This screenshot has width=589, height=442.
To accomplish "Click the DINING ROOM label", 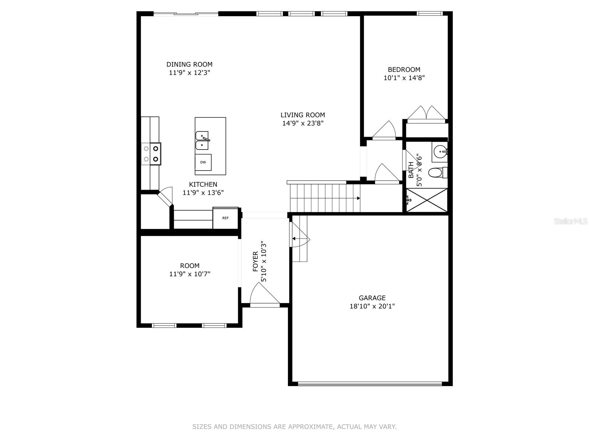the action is click(189, 64).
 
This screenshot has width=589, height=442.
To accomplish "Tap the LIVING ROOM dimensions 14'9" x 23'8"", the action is click(303, 123).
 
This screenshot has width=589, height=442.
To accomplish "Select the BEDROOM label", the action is click(404, 70).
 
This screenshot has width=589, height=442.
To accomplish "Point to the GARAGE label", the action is click(372, 298).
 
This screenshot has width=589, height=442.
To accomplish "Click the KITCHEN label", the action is click(203, 185).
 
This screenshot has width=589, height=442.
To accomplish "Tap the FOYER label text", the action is click(255, 261).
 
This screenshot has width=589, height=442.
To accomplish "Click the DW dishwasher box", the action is click(203, 162).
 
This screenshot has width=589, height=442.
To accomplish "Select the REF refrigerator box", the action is click(225, 218).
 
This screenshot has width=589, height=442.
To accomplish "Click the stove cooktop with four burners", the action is click(151, 154).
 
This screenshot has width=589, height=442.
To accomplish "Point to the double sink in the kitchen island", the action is click(202, 141).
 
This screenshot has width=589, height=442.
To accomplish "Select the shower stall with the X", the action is click(427, 200).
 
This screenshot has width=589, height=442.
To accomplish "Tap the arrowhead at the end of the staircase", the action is click(359, 198).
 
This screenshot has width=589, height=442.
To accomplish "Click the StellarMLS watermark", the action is click(571, 221).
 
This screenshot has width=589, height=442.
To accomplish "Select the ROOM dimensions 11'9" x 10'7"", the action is click(190, 274).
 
